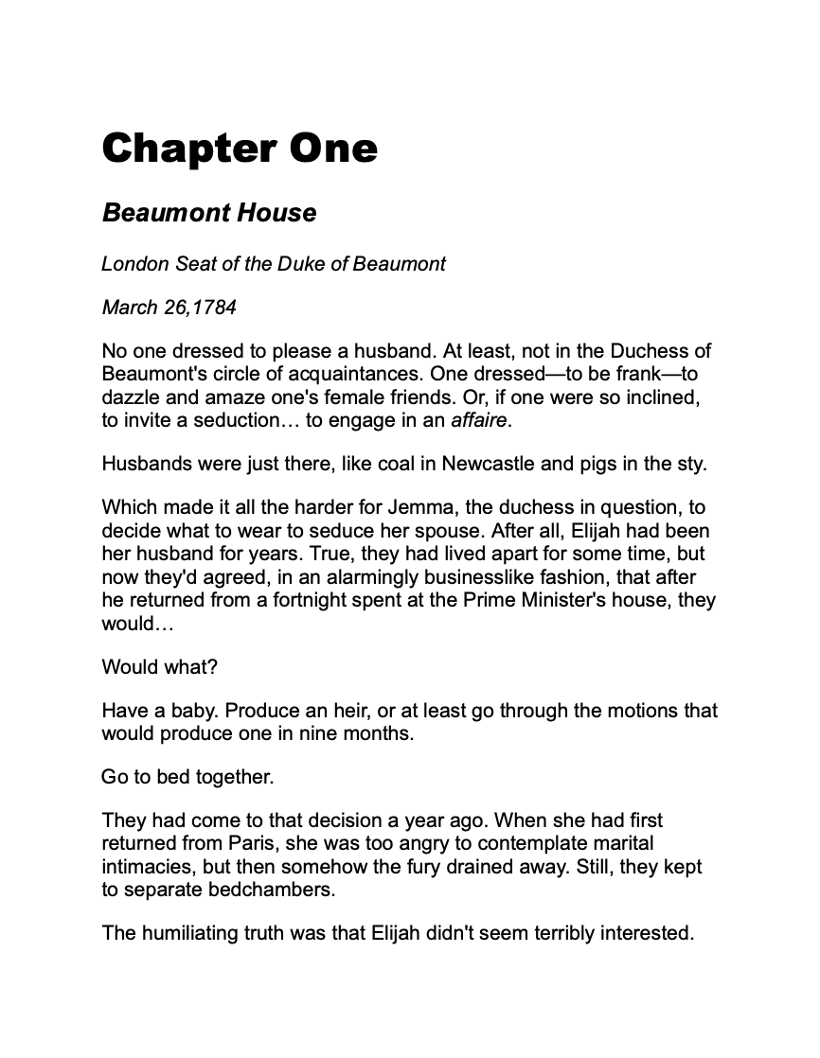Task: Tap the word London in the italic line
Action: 135,264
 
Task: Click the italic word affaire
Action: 480,420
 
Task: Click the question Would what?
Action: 159,666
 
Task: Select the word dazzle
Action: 129,398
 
